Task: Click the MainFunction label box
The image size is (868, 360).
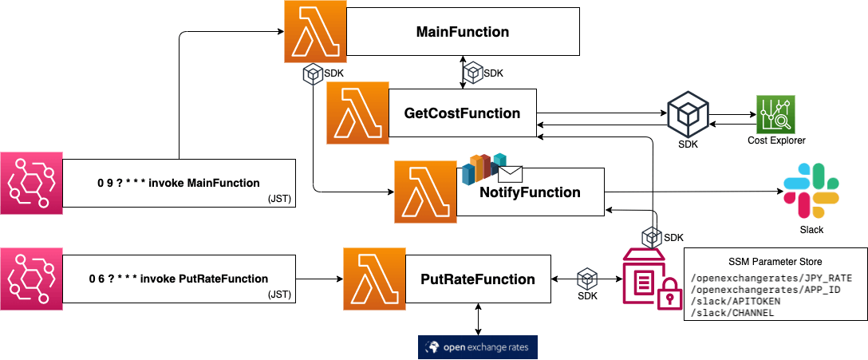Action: [462, 32]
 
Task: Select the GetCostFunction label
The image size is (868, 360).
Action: [462, 113]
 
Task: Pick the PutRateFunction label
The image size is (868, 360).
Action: [479, 279]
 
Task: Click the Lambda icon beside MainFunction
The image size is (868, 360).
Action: [315, 32]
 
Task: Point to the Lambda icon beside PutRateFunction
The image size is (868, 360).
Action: [374, 279]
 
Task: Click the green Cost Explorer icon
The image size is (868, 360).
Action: [775, 114]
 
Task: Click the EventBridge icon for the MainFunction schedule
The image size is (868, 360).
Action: [32, 183]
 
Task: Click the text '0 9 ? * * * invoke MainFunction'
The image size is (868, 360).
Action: [179, 183]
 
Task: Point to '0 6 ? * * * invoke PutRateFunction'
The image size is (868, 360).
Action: [179, 279]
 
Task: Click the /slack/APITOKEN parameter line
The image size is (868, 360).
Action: [736, 301]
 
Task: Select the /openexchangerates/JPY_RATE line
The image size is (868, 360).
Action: [771, 278]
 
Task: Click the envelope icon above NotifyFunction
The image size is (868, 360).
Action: [511, 174]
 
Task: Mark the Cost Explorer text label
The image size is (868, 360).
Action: [775, 140]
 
